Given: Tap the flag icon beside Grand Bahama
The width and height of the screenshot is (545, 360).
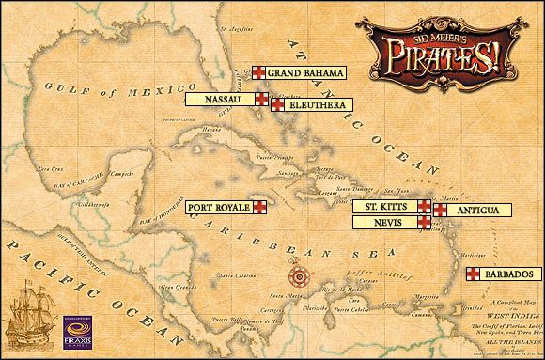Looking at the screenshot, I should coord(257,72).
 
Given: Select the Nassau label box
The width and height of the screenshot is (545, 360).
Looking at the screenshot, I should coord(219,98).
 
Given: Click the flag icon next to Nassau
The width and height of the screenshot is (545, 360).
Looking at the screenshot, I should coord(262,98).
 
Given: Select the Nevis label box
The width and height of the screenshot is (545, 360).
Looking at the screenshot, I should coord(384,223).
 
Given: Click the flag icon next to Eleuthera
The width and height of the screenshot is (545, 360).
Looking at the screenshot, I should coord(277,105).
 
